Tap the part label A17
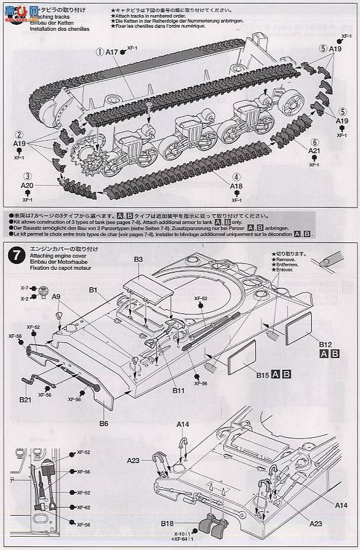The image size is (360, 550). tap(112, 52)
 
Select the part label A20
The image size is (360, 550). tap(26, 185)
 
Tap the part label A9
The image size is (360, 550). tap(56, 297)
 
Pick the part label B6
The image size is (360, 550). tap(104, 423)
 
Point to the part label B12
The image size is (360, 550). tap(325, 345)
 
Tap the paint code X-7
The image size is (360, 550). tap(24, 288)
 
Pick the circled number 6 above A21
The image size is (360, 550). tap(315, 142)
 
